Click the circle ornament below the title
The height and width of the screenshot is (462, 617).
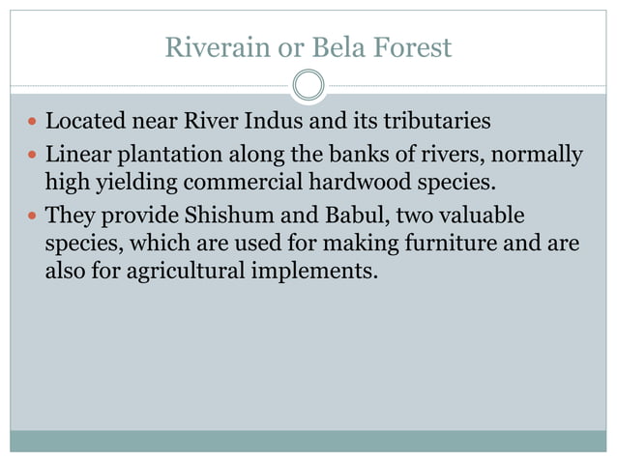click(308, 85)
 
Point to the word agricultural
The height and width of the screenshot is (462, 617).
click(171, 272)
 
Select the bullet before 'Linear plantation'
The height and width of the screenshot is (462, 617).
click(32, 156)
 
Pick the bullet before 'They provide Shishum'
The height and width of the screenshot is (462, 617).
click(32, 216)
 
